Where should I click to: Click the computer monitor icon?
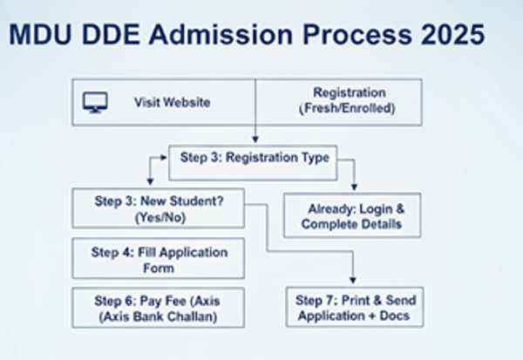click(94, 102)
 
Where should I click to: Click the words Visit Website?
click(172, 102)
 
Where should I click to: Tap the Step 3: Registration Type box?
click(255, 158)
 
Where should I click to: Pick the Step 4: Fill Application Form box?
click(158, 260)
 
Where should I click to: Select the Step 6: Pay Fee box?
click(158, 308)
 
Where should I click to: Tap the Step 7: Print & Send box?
click(354, 308)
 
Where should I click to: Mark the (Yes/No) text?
click(158, 218)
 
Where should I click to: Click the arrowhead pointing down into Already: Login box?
click(354, 187)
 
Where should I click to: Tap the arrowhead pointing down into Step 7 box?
click(354, 276)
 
